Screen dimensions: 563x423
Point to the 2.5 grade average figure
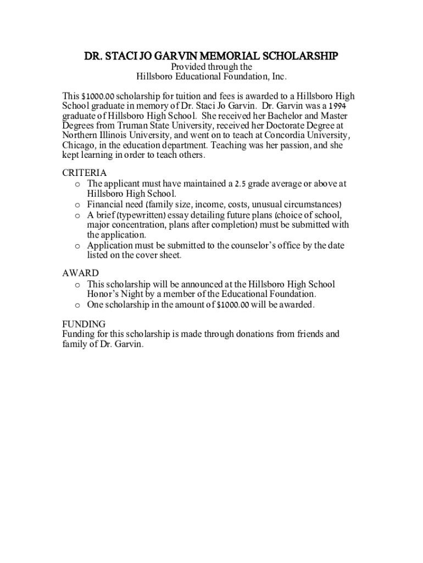click(240, 184)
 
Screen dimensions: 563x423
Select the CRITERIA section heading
click(85, 173)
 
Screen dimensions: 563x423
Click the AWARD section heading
click(81, 273)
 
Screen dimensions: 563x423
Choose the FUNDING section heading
click(84, 324)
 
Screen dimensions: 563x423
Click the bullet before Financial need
click(78, 205)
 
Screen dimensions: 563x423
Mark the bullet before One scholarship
click(78, 305)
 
